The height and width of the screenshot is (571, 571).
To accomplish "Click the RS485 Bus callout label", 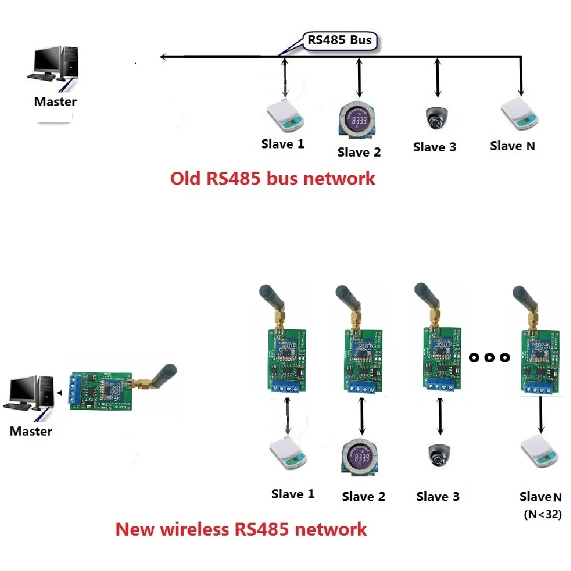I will point(339,41).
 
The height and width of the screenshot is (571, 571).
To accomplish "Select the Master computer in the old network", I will point(55,65).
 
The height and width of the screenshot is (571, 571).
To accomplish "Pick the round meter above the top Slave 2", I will point(358,121).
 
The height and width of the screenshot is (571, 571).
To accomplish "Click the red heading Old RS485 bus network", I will point(272,178).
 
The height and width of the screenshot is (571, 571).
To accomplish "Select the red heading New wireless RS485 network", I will point(241,528).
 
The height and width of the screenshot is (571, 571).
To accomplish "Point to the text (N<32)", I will point(542,513).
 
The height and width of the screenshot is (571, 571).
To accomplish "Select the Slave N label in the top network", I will point(512,146).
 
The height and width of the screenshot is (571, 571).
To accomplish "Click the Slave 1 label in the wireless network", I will point(293,494).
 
